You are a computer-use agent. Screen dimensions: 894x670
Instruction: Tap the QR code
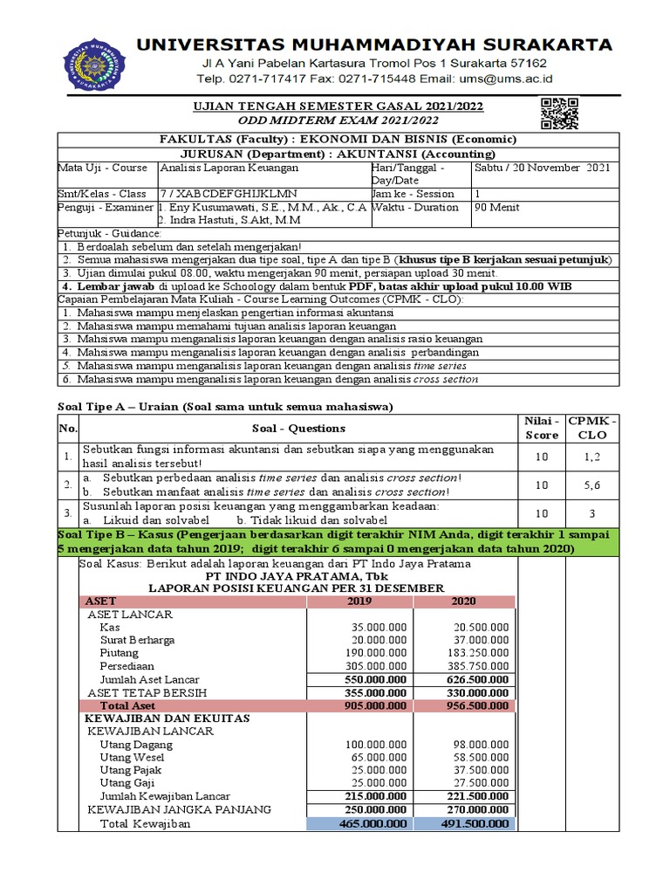(x=559, y=113)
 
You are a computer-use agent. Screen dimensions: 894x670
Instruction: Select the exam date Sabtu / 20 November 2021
(x=542, y=167)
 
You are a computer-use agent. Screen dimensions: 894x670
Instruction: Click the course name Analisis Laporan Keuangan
(x=229, y=167)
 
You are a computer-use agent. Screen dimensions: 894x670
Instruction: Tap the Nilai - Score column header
(x=542, y=428)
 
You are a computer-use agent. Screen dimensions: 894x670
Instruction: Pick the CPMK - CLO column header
(x=591, y=428)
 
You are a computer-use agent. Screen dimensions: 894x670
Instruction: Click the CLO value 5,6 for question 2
(x=591, y=485)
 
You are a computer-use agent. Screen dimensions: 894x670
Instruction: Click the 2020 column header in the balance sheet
(x=463, y=602)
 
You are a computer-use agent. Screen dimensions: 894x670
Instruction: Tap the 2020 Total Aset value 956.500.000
(x=476, y=705)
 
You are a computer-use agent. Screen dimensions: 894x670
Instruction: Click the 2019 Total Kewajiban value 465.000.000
(x=372, y=823)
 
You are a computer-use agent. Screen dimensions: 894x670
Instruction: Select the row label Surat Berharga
(x=137, y=640)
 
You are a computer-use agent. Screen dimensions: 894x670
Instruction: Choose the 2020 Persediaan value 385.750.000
(x=476, y=666)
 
